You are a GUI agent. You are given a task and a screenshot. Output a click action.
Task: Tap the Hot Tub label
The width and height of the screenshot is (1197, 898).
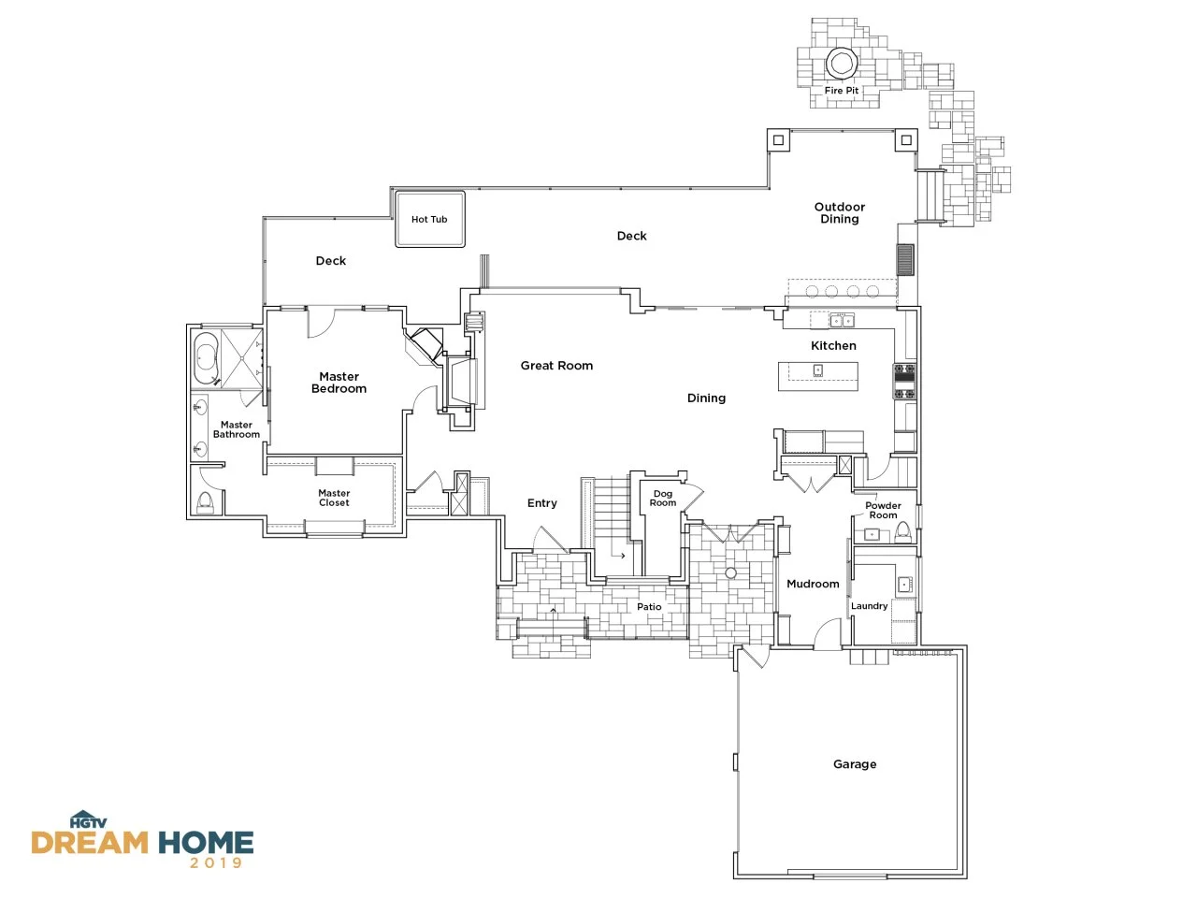pos(429,219)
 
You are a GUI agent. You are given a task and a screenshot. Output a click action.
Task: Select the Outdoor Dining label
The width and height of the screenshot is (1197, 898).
pos(839,212)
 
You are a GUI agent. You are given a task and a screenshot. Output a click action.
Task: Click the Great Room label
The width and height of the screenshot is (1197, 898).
pos(556,366)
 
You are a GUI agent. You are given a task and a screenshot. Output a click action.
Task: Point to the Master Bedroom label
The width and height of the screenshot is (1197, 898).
pos(339,383)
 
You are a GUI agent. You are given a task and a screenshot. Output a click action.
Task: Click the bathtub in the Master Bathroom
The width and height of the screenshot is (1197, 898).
pos(206,357)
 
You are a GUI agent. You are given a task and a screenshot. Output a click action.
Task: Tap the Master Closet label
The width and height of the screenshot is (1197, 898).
pos(334,498)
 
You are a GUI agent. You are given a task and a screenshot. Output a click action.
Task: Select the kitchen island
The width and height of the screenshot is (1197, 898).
pos(817,376)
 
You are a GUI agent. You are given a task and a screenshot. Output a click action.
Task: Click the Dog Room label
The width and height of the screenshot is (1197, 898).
pos(663,498)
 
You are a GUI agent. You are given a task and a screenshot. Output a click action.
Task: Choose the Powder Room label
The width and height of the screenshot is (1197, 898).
pos(883,510)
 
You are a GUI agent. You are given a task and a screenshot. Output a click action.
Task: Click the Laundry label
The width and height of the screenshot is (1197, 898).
pos(869,606)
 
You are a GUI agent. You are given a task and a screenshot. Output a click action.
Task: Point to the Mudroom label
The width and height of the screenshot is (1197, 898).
pos(813,584)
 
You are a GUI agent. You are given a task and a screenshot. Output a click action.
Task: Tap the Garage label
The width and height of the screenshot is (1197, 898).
pos(855,764)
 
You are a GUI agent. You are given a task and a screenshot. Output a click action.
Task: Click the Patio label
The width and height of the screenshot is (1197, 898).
pos(649,606)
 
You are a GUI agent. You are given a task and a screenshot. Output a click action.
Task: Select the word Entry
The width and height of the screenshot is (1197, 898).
pos(542,502)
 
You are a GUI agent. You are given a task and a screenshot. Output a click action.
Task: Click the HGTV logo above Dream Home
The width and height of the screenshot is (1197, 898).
pos(88,819)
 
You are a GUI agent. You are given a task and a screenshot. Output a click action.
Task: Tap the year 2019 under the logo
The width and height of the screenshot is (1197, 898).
pos(216,862)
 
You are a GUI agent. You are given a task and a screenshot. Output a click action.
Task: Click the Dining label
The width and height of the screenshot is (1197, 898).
pos(706,398)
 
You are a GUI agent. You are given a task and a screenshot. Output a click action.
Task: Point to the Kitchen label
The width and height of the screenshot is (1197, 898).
pos(833,346)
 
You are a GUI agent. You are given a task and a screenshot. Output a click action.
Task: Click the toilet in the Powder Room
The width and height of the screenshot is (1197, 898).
pos(902,532)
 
